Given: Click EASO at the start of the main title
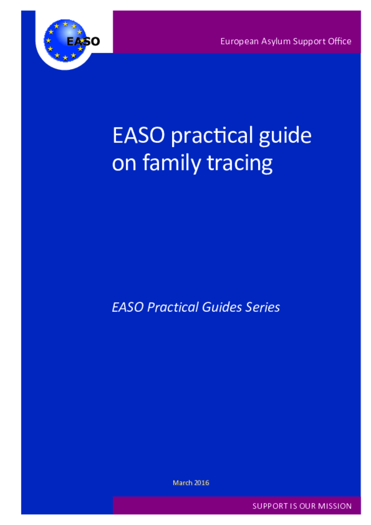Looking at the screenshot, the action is [x=138, y=135].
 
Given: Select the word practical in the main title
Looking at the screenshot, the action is [x=212, y=136].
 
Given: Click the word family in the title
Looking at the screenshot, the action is [x=171, y=164].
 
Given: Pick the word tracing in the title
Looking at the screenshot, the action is [x=239, y=164].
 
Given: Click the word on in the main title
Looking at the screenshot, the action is [x=124, y=164].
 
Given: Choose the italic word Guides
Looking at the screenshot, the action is [x=222, y=307].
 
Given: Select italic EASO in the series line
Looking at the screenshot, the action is [x=128, y=307].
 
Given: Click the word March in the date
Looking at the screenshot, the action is [x=182, y=482].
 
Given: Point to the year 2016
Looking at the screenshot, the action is [x=202, y=482].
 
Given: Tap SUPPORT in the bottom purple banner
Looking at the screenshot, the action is [x=270, y=506].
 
